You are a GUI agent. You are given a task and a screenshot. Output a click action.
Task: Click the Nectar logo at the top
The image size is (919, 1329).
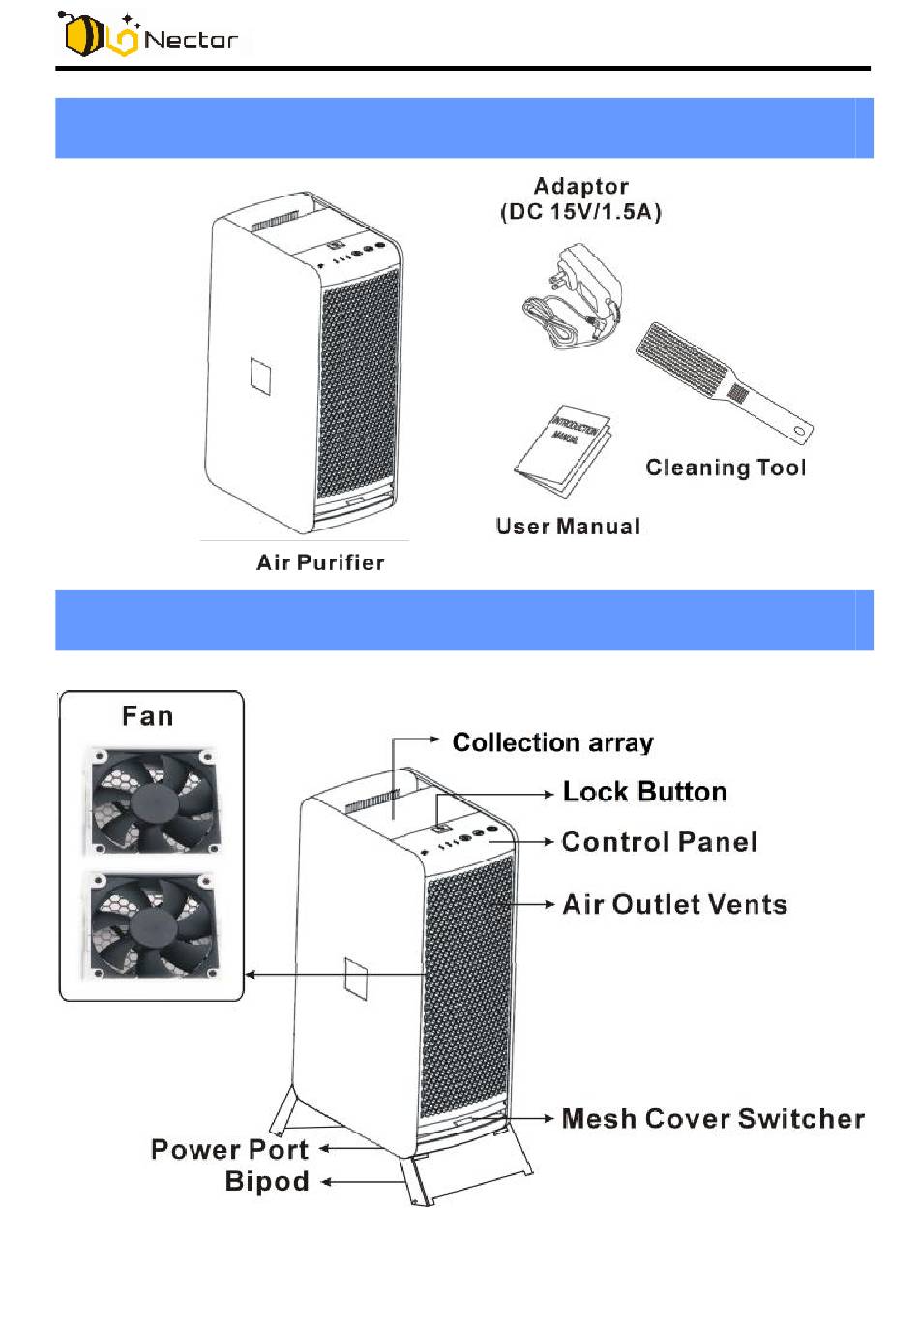point(149,36)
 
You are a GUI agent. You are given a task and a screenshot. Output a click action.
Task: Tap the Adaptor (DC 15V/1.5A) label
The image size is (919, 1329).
point(580,199)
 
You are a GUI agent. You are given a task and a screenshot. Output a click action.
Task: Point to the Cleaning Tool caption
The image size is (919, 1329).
point(726,468)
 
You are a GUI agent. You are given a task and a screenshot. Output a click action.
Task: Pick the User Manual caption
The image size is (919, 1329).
point(568,527)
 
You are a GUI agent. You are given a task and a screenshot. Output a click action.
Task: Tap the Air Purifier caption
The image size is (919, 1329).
point(320,562)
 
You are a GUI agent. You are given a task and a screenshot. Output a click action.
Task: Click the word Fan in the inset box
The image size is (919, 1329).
point(148,716)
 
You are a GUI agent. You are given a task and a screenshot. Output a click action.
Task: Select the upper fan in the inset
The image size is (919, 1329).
point(153,800)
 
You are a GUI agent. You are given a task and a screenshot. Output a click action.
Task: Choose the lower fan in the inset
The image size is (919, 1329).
point(153,924)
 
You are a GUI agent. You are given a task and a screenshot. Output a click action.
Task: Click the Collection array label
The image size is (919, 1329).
point(552,742)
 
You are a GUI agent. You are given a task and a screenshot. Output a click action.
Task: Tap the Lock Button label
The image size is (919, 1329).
point(644,792)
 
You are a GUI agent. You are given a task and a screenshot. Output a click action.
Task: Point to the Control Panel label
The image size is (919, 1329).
point(659,842)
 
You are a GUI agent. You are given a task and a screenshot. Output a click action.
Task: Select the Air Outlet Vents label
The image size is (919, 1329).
point(674,904)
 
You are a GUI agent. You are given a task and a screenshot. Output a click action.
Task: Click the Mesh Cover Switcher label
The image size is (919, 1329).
point(713,1119)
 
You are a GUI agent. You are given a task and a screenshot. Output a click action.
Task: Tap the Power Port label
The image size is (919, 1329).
point(229,1149)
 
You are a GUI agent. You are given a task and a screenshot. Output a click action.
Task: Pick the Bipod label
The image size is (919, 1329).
point(267,1181)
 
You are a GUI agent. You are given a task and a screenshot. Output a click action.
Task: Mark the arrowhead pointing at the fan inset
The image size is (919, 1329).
point(251,974)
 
